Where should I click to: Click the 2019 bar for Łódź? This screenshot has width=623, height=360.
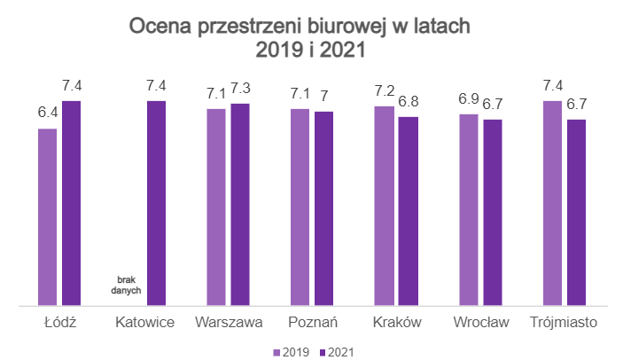[x=47, y=218]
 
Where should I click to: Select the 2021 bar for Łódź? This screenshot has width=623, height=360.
[x=71, y=204]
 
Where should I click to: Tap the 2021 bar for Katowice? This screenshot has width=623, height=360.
[x=156, y=204]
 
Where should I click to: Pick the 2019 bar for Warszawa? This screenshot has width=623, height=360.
[x=216, y=208]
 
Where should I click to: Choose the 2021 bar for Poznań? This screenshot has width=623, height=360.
[x=324, y=209]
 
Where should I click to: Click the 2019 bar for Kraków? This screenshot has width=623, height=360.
[x=384, y=207]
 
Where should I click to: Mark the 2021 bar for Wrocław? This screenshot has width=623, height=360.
[x=492, y=214]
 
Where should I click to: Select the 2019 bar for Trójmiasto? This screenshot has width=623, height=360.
[x=552, y=204]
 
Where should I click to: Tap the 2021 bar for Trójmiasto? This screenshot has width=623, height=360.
[x=576, y=214]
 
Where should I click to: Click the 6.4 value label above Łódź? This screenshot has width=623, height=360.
[x=47, y=113]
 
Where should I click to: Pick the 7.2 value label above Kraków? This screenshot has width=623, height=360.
[x=385, y=91]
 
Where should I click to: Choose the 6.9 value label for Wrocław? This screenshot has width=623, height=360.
[x=468, y=99]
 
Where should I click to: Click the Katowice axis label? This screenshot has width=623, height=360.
[x=144, y=321]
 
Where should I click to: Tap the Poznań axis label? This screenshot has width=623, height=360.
[x=312, y=321]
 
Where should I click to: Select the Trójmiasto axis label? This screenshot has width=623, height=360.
[x=564, y=321]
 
